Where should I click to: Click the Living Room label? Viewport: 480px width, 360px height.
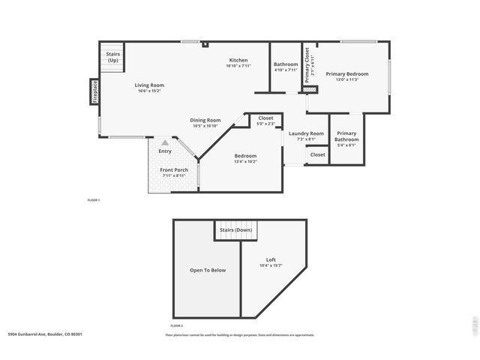149,85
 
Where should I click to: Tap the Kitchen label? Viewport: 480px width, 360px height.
238,61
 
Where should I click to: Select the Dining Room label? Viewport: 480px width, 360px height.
205,120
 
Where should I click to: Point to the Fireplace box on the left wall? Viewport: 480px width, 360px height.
95,91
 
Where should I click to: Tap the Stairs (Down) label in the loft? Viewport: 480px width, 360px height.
235,229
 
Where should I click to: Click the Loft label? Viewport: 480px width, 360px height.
270,259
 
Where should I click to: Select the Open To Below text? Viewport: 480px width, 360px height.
207,270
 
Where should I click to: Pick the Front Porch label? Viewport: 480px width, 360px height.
174,170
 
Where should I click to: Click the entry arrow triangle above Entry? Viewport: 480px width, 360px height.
165,142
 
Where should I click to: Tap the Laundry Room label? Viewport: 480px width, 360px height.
306,133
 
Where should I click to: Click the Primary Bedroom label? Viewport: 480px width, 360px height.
346,73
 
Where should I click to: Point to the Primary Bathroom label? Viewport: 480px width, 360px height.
346,136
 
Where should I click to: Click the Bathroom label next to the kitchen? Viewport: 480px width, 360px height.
285,64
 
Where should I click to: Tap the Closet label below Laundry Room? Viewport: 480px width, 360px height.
318,154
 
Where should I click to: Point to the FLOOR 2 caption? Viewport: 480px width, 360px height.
176,325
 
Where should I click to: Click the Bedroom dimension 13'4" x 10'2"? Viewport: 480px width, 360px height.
245,161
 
